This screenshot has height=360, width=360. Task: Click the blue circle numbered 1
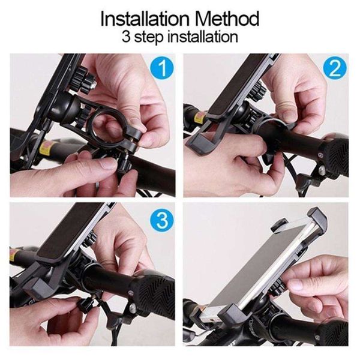[x=162, y=68]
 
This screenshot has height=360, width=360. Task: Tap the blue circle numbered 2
[x=335, y=68]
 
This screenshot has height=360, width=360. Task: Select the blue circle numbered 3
[x=162, y=221]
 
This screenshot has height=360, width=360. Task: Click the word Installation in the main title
[x=145, y=19]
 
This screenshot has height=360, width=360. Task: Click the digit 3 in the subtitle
[x=126, y=37]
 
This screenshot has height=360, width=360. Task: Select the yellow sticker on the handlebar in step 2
[x=199, y=117]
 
